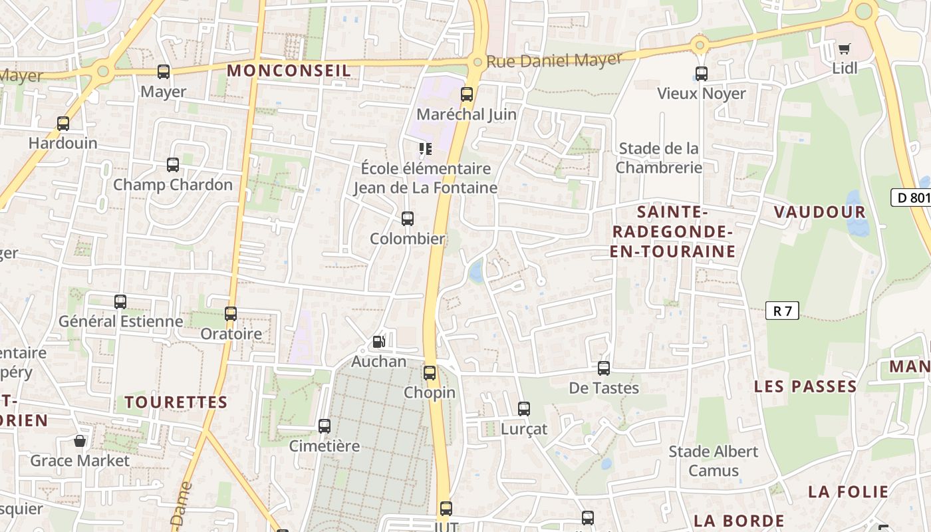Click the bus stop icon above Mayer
tap(164, 72)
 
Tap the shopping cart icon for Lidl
tap(844, 48)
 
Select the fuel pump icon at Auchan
tap(378, 342)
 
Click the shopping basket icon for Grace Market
tap(80, 441)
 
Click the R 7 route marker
tap(782, 311)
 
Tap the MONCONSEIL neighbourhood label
tap(289, 70)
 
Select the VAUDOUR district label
tap(819, 212)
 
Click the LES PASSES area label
tap(805, 386)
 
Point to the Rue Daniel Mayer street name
tap(554, 61)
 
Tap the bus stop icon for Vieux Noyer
tap(702, 74)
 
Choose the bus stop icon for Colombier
tap(408, 219)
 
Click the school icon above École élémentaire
tap(425, 149)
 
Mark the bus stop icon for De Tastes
tap(604, 368)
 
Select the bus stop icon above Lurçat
tap(524, 409)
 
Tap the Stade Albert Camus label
tap(714, 461)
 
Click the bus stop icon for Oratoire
tap(231, 314)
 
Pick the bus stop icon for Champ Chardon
tap(173, 165)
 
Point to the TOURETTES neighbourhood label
tap(176, 402)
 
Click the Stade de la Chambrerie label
tap(658, 158)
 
